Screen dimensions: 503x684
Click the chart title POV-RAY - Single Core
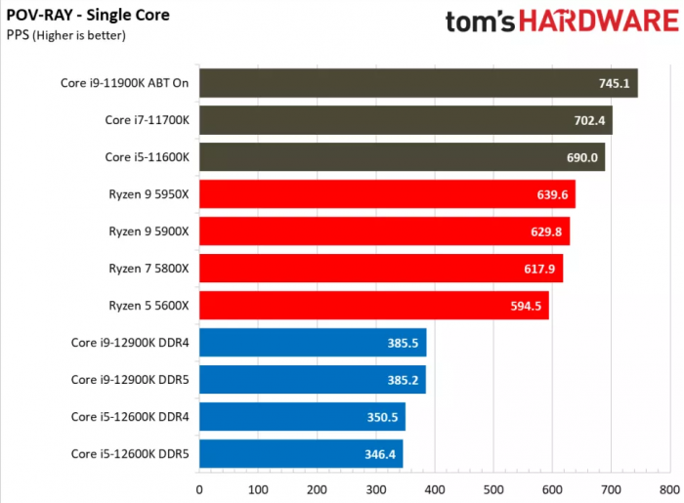(88, 16)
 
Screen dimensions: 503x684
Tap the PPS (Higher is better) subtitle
(65, 35)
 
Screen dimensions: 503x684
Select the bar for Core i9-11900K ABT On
(418, 83)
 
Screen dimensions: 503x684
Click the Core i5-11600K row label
(147, 157)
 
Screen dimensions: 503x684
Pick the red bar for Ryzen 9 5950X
(387, 194)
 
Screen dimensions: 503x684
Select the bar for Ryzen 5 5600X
(373, 306)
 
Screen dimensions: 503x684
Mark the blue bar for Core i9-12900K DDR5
(313, 380)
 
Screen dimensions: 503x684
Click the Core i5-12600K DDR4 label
(129, 417)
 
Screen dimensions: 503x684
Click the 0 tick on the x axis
(199, 489)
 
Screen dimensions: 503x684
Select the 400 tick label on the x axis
(435, 489)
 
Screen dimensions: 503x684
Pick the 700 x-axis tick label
(612, 489)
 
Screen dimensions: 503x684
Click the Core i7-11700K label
(147, 120)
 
